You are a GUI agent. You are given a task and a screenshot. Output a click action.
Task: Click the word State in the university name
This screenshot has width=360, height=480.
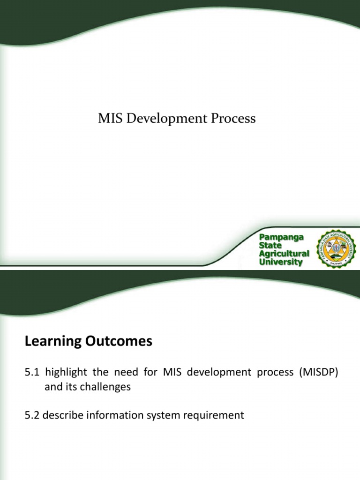[x=270, y=246]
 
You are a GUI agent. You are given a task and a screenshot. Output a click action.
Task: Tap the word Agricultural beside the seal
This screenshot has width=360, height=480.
[x=285, y=254]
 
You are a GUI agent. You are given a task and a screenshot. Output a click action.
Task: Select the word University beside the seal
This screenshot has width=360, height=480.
[x=281, y=262]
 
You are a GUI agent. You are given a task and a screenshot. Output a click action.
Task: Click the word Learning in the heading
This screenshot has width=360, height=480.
[x=46, y=342]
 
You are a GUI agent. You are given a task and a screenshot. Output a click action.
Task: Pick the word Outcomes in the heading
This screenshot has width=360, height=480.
[x=119, y=342]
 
